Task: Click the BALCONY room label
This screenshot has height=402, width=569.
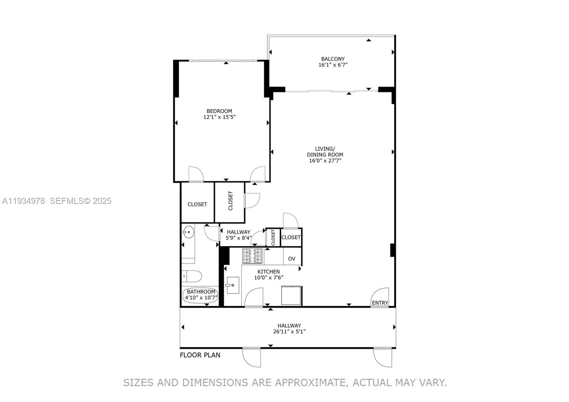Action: pyautogui.click(x=333, y=59)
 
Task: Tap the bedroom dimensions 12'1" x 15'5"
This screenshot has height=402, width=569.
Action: pyautogui.click(x=219, y=117)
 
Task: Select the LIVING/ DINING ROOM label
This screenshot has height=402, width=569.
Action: pyautogui.click(x=325, y=152)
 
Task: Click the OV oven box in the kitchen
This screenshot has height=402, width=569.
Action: pyautogui.click(x=292, y=259)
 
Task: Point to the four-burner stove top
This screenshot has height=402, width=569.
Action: pyautogui.click(x=252, y=256)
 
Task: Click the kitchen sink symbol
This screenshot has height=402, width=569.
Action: pyautogui.click(x=233, y=285)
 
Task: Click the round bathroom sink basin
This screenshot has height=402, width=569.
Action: pyautogui.click(x=188, y=232)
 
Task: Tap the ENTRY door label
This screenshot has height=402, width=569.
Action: pyautogui.click(x=380, y=303)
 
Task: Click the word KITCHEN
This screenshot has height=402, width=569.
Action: pyautogui.click(x=268, y=271)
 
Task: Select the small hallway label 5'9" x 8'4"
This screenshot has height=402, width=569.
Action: pyautogui.click(x=239, y=238)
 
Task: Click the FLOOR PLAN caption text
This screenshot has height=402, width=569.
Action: pyautogui.click(x=200, y=355)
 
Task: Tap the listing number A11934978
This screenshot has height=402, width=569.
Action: pyautogui.click(x=23, y=201)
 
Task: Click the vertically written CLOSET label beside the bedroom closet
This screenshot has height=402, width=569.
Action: pyautogui.click(x=230, y=201)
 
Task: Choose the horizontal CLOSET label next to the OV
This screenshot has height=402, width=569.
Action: pyautogui.click(x=291, y=237)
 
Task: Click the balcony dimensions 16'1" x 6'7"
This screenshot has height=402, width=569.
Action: pyautogui.click(x=333, y=65)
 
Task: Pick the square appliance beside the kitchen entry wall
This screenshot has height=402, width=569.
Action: pyautogui.click(x=291, y=295)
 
